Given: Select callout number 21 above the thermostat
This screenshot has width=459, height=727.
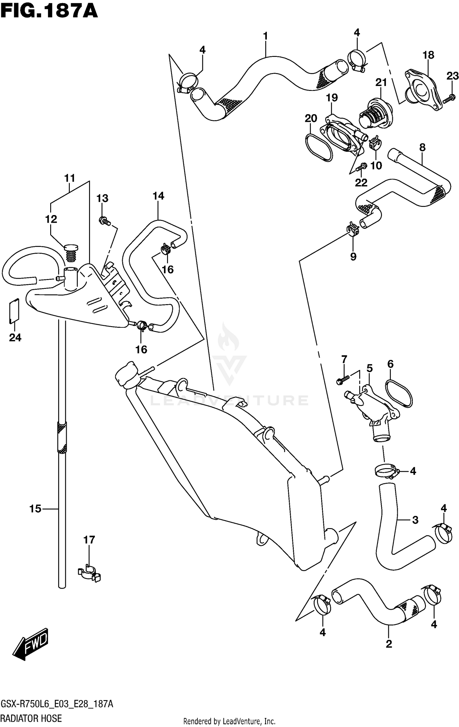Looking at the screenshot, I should click(x=381, y=83).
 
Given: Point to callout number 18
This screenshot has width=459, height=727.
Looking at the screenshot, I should click(x=428, y=55).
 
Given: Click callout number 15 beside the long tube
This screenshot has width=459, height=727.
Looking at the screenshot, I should click(x=35, y=509).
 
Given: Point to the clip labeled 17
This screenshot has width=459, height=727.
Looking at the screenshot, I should click(x=89, y=574).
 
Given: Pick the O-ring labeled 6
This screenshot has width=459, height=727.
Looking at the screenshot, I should click(x=399, y=393).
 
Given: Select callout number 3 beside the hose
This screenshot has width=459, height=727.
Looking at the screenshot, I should click(x=415, y=520).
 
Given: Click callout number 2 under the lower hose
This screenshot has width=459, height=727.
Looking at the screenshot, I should click(x=389, y=644).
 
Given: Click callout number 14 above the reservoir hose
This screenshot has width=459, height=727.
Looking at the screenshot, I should click(x=158, y=196).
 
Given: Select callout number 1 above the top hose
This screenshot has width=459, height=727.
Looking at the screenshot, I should click(x=265, y=36).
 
